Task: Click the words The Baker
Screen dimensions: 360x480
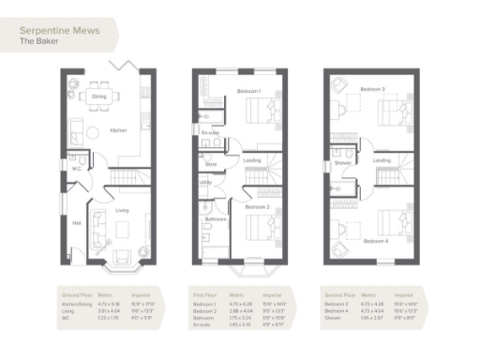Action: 38,42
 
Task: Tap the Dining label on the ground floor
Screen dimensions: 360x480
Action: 98,97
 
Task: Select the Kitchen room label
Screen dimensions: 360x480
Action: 118,130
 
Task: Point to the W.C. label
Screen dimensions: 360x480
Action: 79,169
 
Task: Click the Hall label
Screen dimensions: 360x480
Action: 77,223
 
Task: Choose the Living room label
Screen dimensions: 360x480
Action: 122,211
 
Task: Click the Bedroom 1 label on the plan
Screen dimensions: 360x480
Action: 247,91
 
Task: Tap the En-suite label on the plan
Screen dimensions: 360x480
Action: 211,133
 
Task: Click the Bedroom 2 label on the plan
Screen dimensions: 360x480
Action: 257,206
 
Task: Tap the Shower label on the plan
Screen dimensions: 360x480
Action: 343,161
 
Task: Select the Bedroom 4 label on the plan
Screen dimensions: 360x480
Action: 375,241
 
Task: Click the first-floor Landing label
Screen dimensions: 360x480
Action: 252,161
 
